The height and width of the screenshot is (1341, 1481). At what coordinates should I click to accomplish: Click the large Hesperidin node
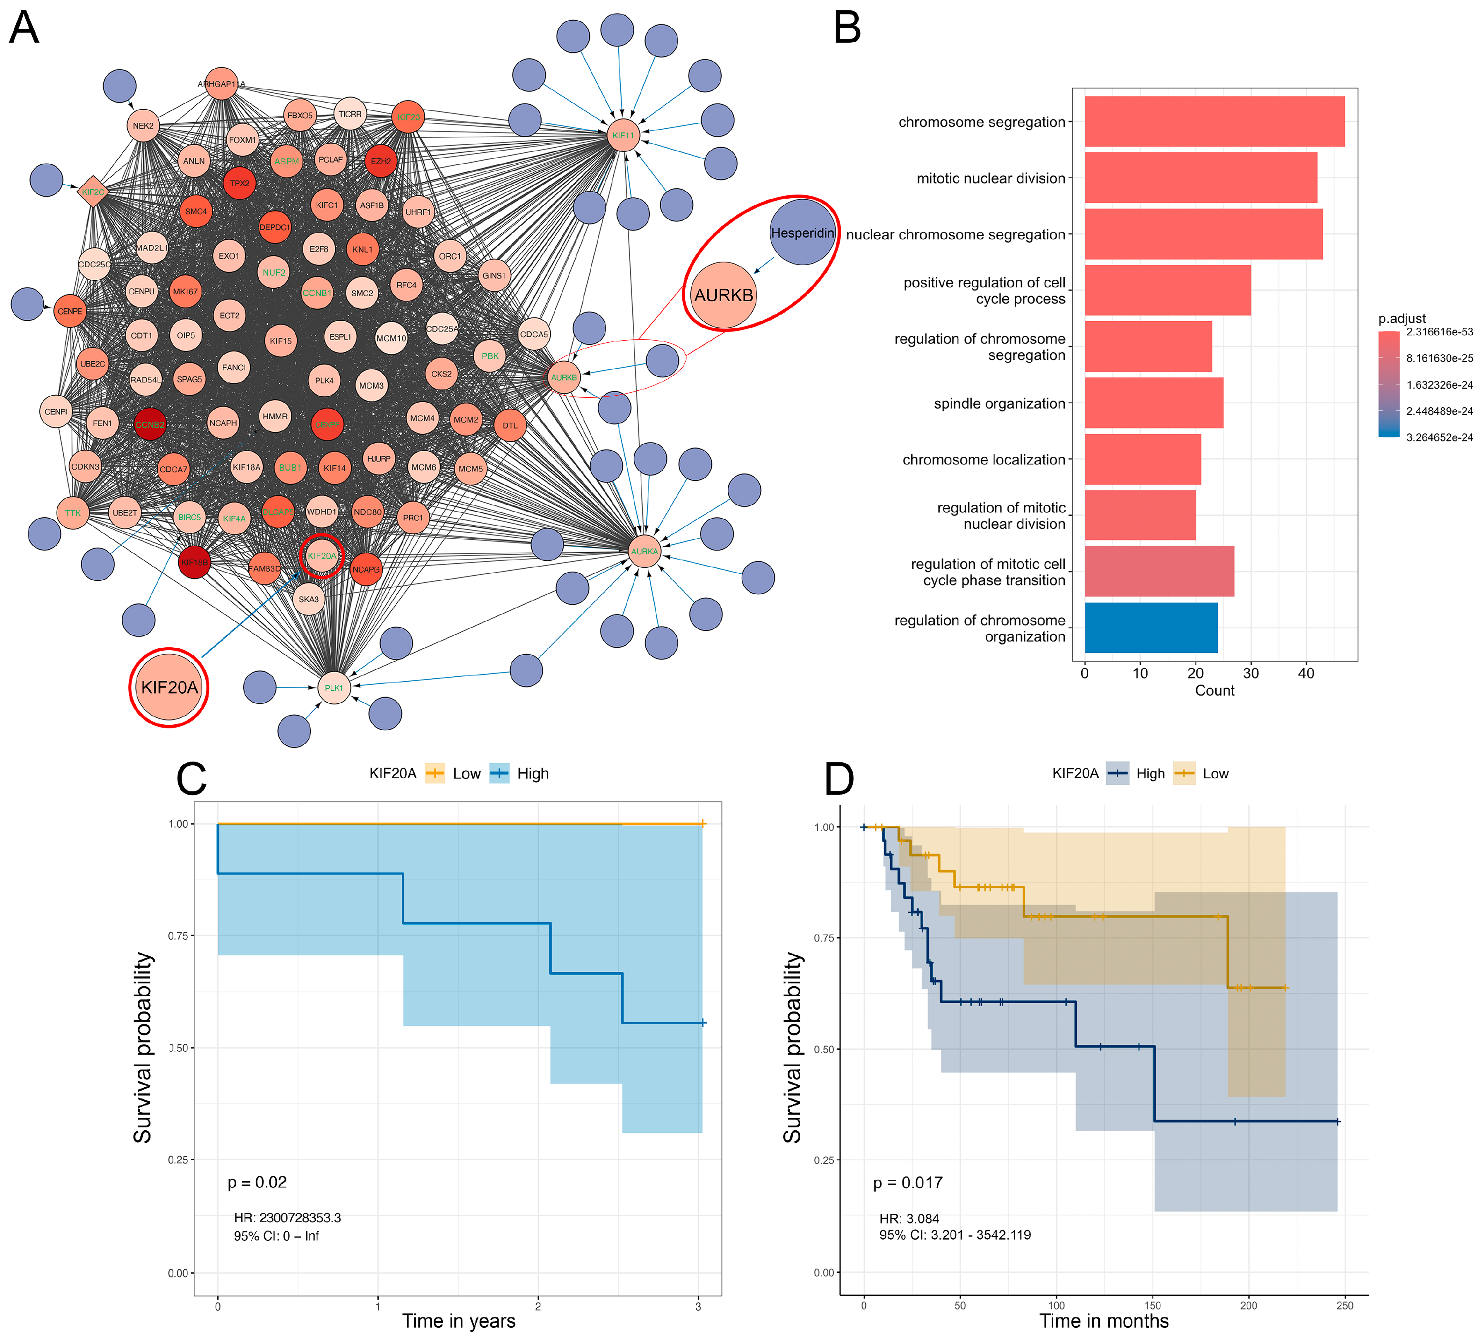(802, 232)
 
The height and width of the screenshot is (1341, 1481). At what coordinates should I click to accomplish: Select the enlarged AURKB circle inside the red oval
(724, 295)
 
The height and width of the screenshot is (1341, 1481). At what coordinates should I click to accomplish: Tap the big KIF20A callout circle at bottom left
(169, 687)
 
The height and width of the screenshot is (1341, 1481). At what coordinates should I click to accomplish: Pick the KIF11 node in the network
(623, 135)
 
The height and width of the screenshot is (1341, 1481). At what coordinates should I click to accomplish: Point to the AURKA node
(644, 551)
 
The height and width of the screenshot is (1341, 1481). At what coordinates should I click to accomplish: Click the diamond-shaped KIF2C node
(93, 192)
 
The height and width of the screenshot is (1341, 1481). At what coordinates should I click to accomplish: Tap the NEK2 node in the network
(143, 126)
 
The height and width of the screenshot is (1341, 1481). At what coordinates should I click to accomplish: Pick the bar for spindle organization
(1153, 403)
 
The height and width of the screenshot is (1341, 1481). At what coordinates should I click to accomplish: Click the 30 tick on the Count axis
(1251, 673)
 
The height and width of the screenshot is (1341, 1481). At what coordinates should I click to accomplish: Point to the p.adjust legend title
(1402, 318)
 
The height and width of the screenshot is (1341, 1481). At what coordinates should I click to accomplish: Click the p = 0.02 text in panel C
(257, 1182)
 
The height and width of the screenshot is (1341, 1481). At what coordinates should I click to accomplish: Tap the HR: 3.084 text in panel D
(909, 1218)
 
